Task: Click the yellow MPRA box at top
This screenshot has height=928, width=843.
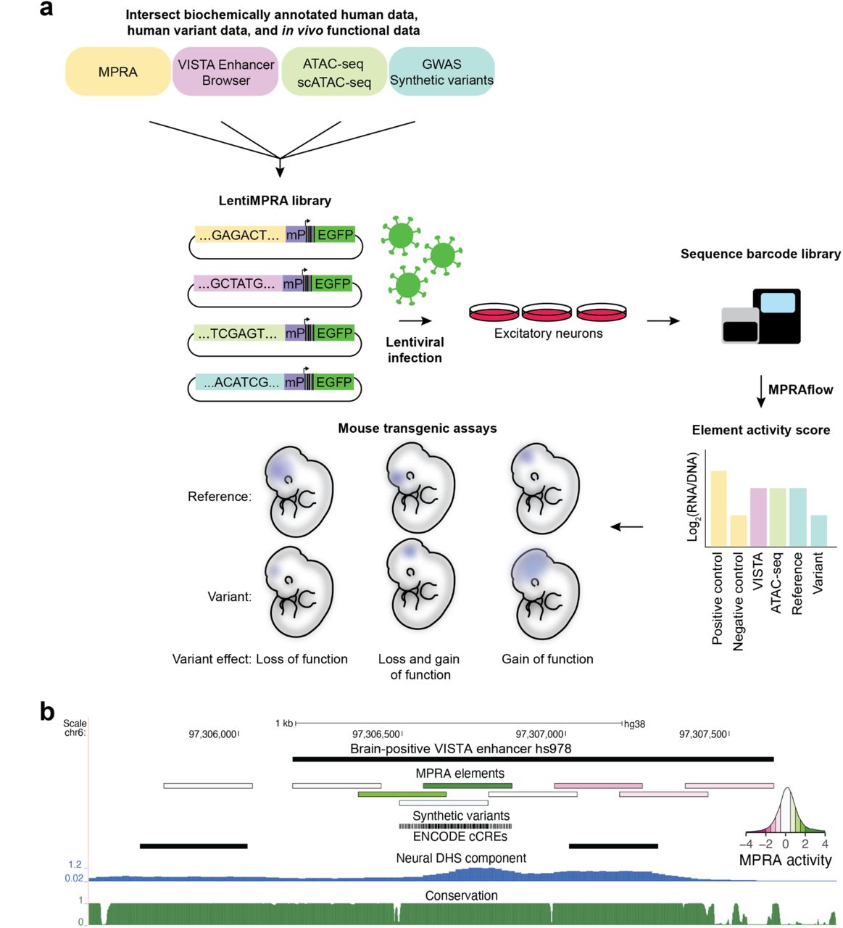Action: pos(118,72)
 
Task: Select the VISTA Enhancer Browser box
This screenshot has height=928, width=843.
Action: pos(225,72)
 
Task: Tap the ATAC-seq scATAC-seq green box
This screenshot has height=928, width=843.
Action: pos(333,72)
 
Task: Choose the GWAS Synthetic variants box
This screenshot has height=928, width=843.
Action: pos(441,72)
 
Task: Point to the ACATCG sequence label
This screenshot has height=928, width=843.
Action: pos(241,382)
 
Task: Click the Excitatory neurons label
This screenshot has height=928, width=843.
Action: pos(548,333)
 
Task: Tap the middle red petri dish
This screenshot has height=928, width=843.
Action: pos(547,312)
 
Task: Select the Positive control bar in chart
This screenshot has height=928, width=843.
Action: pos(718,508)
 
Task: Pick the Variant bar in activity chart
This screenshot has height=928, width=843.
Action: pos(818,531)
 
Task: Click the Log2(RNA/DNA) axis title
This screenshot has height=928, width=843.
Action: pos(692,497)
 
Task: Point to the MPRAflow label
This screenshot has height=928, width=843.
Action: pos(800,390)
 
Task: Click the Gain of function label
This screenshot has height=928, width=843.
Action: pos(547,659)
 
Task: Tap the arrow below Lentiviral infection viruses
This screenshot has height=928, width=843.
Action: pos(415,320)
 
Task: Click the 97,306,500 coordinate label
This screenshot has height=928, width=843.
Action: pos(376,734)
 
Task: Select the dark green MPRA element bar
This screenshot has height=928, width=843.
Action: pos(468,785)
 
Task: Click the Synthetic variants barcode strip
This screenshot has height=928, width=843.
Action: pos(455,826)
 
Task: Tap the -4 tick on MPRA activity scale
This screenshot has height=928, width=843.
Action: pos(747,845)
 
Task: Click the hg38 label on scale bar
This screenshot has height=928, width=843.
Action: pos(635,724)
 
